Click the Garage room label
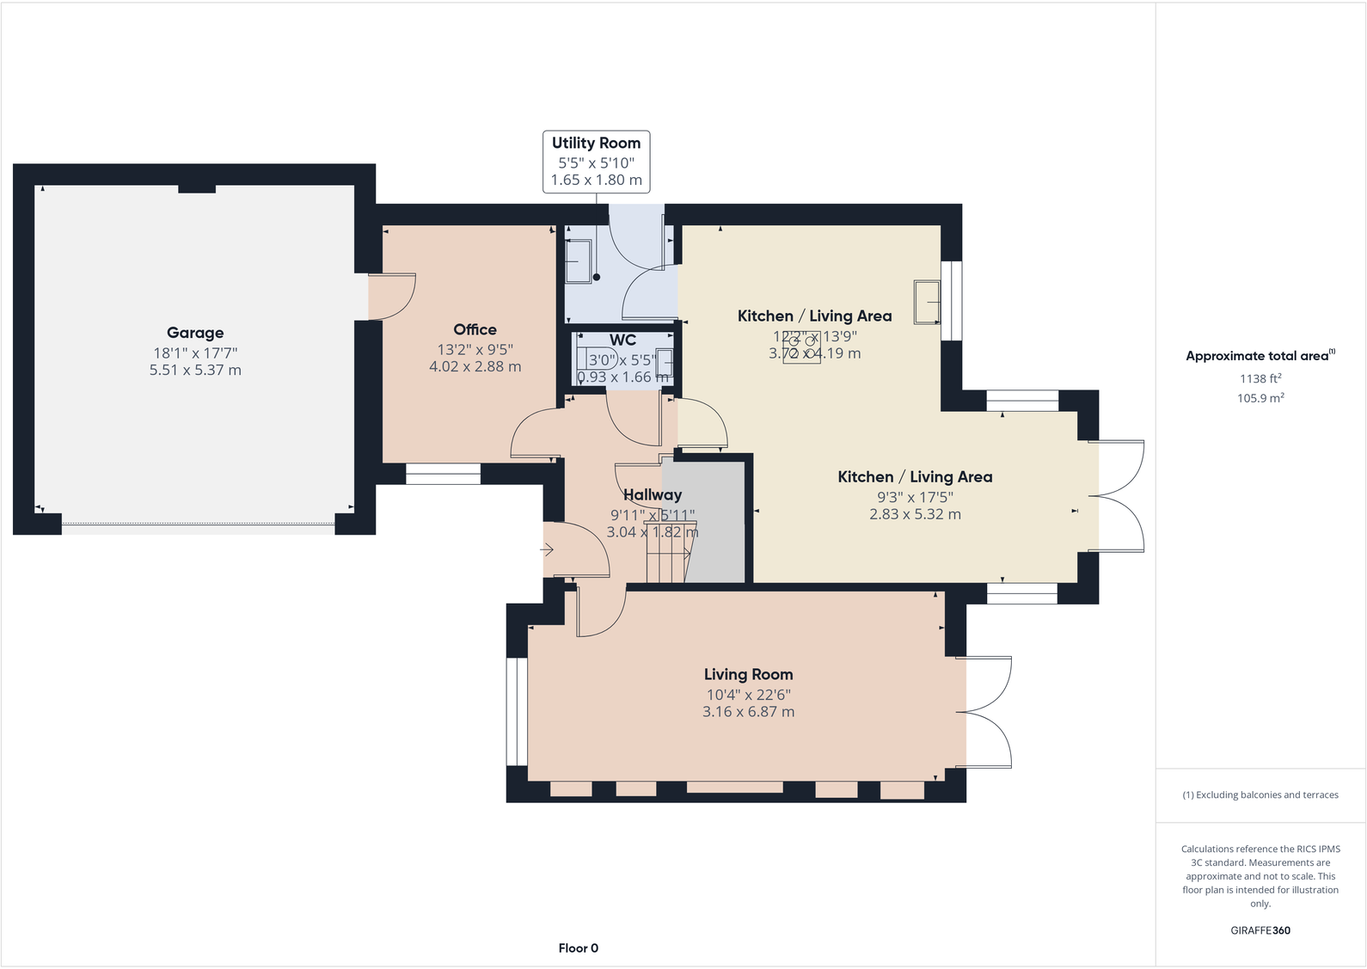coord(195,333)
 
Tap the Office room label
coord(475,329)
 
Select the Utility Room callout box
coord(596,161)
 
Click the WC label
coord(622,340)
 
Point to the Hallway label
coord(652,494)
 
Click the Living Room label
coord(748,674)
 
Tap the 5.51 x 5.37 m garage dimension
coord(195,370)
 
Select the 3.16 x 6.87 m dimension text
coord(748,712)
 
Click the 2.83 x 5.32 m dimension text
coord(915,514)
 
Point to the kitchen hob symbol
coord(801,347)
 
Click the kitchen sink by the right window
coord(927,302)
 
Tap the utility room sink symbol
coord(578,261)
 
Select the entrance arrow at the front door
coord(547,549)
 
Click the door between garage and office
coord(391,297)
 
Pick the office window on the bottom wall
coord(443,474)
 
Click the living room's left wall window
coord(517,711)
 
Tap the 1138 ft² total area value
coord(1260,378)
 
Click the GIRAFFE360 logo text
coord(1260,930)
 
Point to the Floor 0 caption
coord(578,948)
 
